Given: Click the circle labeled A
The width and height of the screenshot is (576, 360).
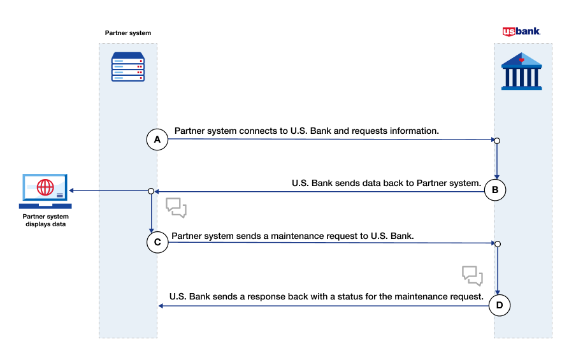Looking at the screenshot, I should [157, 139].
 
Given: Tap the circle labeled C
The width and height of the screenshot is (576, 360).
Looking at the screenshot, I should [157, 242].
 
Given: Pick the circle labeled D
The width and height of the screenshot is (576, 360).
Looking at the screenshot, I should [499, 306].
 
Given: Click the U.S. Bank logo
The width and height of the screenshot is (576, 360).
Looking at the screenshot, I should [521, 31].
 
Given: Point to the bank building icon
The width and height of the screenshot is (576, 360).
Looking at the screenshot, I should [521, 71].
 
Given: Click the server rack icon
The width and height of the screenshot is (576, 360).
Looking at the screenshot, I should [128, 67].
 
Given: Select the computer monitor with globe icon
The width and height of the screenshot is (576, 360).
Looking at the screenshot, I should [45, 191].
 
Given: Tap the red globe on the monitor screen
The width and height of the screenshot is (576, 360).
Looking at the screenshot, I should [45, 187].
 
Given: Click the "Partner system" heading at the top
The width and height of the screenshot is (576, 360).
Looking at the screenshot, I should [128, 32].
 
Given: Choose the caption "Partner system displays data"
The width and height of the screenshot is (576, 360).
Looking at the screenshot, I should [45, 220].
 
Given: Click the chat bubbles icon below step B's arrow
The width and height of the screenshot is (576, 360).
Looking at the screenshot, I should [176, 208].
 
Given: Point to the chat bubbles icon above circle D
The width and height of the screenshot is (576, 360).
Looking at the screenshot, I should [472, 275].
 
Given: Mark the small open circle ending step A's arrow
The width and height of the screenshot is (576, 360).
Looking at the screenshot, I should [497, 140].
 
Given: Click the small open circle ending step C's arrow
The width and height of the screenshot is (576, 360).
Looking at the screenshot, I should [497, 243].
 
